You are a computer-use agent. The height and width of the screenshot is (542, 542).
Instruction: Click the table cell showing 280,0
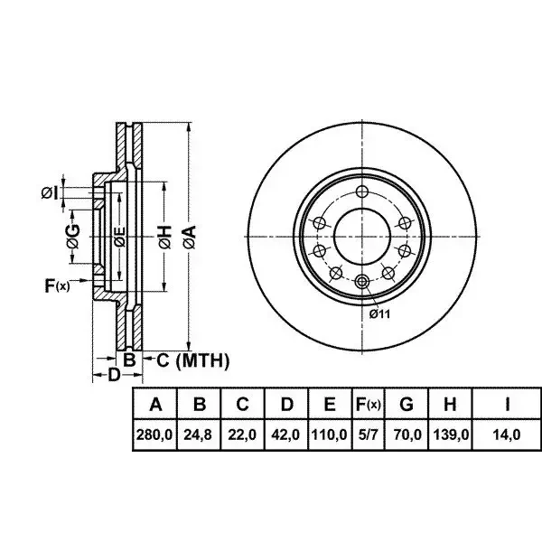coord(154,435)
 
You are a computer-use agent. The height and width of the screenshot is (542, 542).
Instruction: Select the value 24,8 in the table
coord(199,435)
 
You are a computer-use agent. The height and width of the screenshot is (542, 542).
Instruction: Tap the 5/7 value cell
coord(369,435)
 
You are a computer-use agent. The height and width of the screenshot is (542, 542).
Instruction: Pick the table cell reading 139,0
coord(450,435)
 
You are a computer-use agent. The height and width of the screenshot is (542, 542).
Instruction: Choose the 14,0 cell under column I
coord(507,435)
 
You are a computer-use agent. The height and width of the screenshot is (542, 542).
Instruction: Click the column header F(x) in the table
coord(369,404)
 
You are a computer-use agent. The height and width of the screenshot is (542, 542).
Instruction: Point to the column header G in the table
coord(406,404)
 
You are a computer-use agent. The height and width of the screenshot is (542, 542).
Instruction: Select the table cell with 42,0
coord(285,435)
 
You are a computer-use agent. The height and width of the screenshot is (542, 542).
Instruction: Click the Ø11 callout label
coord(379,314)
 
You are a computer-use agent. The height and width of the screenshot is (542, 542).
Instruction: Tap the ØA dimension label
coord(190,237)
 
